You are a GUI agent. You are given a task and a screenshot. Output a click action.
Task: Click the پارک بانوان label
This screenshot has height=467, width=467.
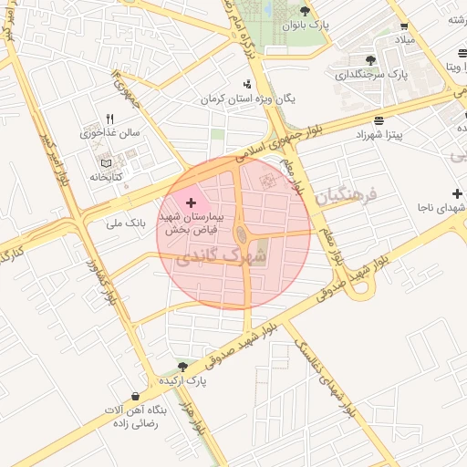tap(305, 26)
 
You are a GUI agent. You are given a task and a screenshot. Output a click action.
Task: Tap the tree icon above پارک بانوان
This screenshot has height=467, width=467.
tap(306, 11)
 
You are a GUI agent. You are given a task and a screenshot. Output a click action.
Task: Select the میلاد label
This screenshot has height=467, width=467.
tap(403, 41)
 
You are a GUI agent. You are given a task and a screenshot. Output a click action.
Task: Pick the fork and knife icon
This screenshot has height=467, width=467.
tap(110, 119)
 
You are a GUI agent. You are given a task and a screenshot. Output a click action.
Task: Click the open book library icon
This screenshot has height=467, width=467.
tap(104, 161)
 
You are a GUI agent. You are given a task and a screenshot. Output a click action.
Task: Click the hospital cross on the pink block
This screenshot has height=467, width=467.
tap(191, 202)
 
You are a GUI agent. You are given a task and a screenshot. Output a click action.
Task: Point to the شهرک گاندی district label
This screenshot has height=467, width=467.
tap(223, 256)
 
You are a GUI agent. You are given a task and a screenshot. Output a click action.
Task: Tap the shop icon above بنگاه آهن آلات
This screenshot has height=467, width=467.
tap(136, 397)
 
